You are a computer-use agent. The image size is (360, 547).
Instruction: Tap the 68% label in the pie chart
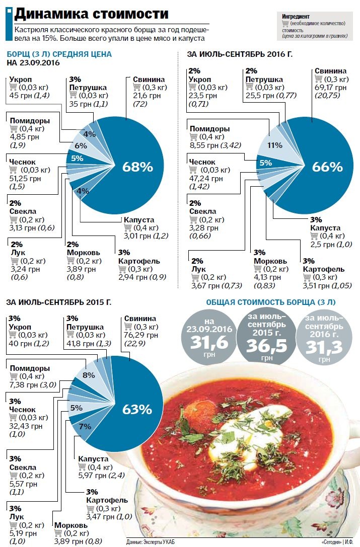point(137,167)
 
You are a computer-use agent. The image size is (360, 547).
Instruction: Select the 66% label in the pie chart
point(327,167)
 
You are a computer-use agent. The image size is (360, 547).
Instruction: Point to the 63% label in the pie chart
point(137,409)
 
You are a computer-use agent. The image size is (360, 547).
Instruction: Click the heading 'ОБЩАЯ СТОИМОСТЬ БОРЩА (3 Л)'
point(270,302)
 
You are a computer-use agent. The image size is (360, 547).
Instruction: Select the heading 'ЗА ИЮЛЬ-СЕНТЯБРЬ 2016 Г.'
point(240,54)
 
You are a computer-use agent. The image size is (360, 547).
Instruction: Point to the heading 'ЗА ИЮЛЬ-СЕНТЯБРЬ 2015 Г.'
point(58,302)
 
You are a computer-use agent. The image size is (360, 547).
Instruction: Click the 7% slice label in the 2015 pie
point(85,426)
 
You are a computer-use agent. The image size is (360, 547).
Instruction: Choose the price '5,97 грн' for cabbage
point(89,475)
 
